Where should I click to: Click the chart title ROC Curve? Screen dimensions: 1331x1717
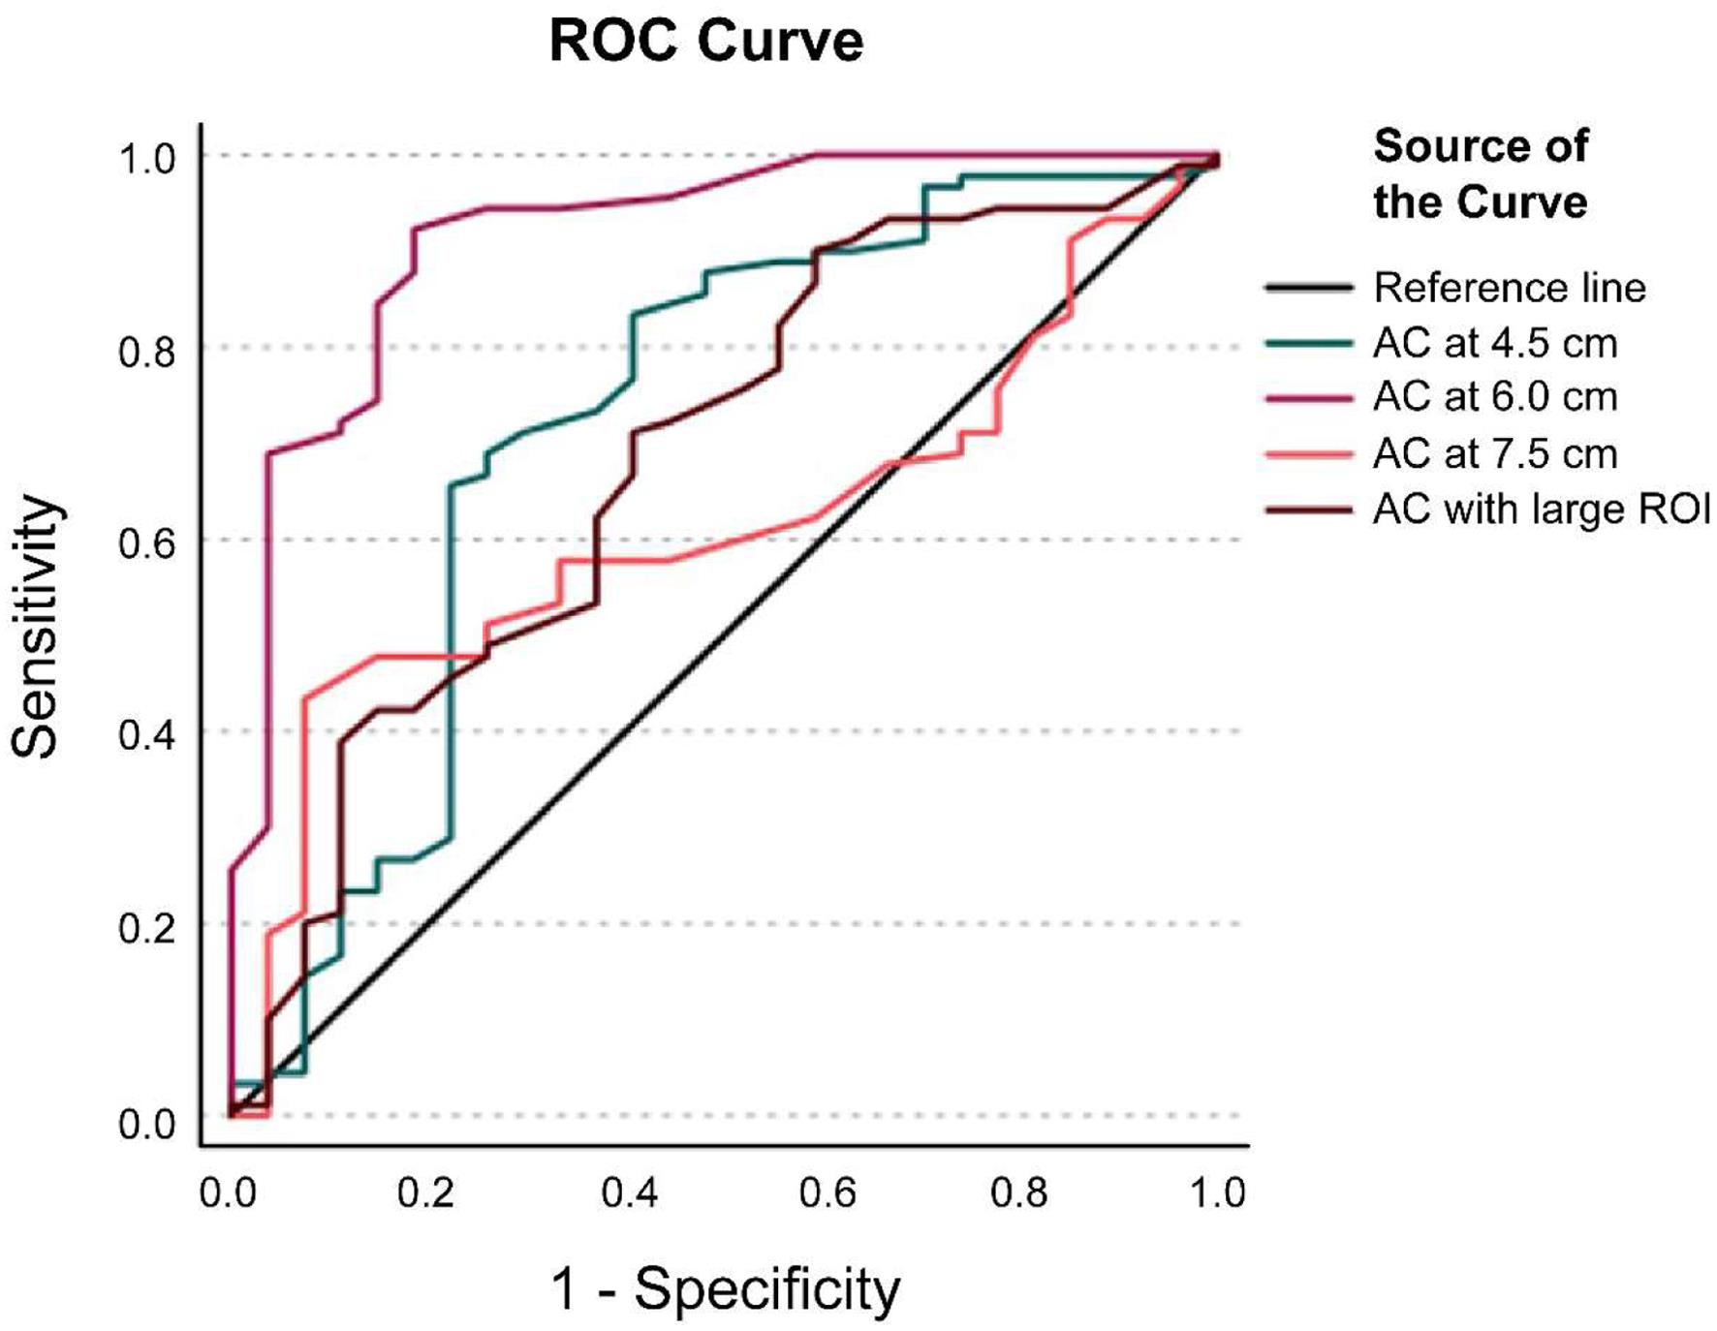click(x=705, y=42)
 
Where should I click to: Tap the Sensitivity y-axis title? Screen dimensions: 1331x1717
click(x=36, y=626)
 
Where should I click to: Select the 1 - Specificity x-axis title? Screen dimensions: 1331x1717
click(x=725, y=1289)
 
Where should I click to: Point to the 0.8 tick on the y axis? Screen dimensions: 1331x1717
click(x=147, y=351)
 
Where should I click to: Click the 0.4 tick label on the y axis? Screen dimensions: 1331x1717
click(x=147, y=734)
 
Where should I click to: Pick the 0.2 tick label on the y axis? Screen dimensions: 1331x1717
click(x=147, y=927)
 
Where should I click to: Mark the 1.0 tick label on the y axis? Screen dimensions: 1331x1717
click(x=147, y=159)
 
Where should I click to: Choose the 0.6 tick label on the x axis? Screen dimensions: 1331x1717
click(x=827, y=1192)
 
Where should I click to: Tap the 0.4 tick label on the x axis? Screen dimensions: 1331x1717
click(x=629, y=1192)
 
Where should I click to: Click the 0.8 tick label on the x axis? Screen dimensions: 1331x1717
click(x=1018, y=1192)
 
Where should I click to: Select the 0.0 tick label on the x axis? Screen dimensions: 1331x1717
click(x=229, y=1192)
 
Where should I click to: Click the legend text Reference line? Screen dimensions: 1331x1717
click(x=1510, y=288)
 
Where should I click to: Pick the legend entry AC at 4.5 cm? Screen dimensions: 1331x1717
click(x=1495, y=343)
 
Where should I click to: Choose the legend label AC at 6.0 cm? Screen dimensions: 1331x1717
click(x=1495, y=397)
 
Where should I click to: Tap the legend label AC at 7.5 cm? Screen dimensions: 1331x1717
click(x=1495, y=453)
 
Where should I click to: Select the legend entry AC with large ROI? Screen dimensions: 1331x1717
click(x=1542, y=509)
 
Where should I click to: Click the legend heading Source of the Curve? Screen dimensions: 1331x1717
click(x=1481, y=174)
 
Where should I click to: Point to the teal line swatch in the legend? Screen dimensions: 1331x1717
click(x=1309, y=343)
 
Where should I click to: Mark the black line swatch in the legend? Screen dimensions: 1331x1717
click(x=1309, y=288)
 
